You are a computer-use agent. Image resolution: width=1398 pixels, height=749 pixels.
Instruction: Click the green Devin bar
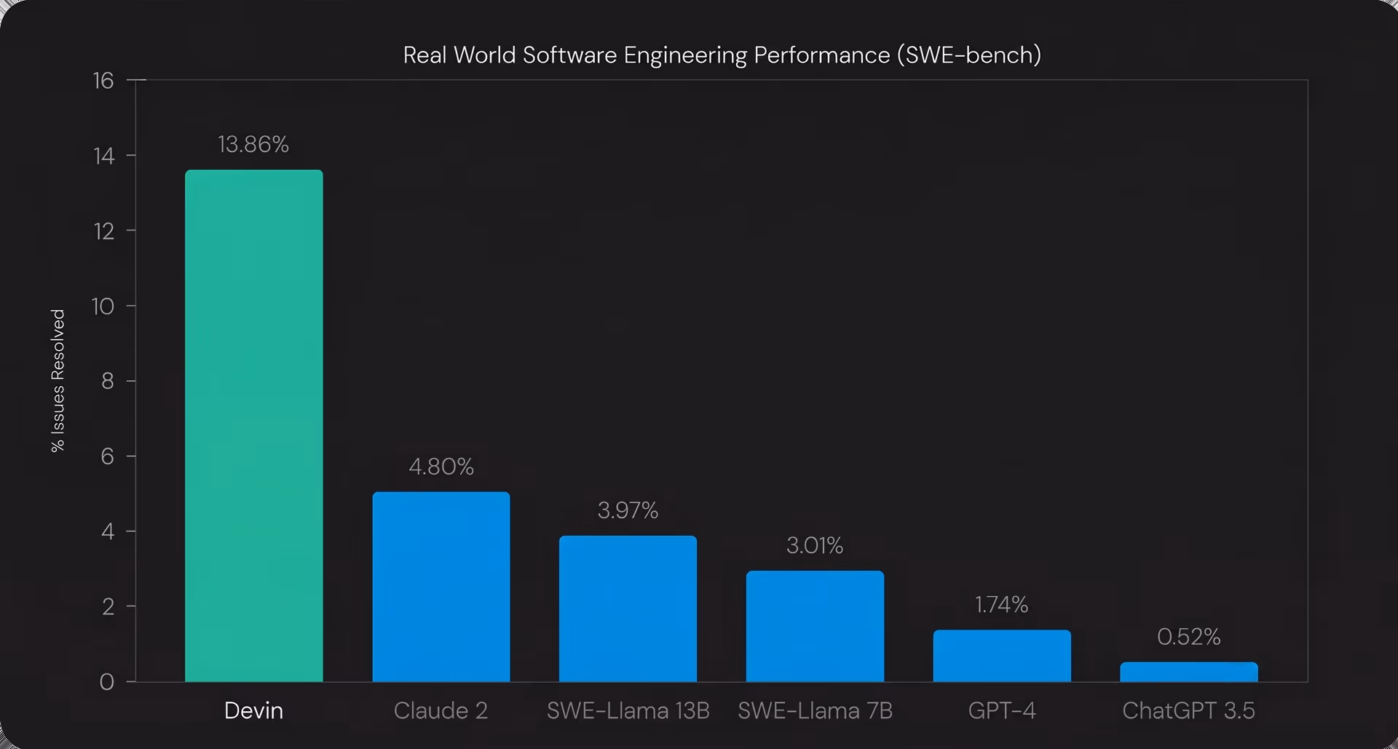(x=253, y=426)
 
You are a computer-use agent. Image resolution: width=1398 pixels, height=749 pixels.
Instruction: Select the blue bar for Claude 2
(x=441, y=587)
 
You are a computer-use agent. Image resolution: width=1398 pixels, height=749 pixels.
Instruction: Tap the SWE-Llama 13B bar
(x=628, y=609)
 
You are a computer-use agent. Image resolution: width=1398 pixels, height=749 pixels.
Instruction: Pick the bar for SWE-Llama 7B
(x=815, y=626)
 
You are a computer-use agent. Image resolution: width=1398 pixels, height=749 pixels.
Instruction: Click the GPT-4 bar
(x=1002, y=656)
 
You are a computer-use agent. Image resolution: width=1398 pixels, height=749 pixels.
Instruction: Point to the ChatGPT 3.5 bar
(x=1189, y=672)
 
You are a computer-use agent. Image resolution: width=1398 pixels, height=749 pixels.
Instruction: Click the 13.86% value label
(x=253, y=144)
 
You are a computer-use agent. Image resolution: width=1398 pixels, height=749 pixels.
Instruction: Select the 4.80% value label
(x=441, y=467)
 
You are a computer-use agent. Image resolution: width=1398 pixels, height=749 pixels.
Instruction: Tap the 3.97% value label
(x=628, y=510)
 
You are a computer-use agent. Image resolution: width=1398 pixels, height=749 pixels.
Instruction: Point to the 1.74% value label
(x=1002, y=604)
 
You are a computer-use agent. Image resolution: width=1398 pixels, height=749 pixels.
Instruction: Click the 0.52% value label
(x=1189, y=637)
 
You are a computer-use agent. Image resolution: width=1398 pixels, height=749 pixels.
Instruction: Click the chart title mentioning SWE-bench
(x=722, y=55)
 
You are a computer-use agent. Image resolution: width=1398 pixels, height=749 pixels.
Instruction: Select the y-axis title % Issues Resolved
(x=58, y=381)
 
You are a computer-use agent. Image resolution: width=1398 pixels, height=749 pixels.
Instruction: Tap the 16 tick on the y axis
(x=103, y=80)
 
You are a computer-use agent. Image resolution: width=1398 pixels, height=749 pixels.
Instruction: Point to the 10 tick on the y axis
(x=103, y=306)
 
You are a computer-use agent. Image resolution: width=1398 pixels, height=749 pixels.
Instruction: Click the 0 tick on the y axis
(x=107, y=682)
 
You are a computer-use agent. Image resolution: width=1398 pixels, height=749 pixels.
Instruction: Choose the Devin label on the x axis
(x=253, y=710)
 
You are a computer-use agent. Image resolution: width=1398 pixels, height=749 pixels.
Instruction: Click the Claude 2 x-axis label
(x=441, y=710)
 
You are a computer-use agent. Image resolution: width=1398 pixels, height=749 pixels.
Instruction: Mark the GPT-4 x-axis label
(x=1002, y=710)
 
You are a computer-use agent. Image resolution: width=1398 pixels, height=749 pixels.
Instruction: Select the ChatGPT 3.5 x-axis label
(x=1189, y=710)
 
